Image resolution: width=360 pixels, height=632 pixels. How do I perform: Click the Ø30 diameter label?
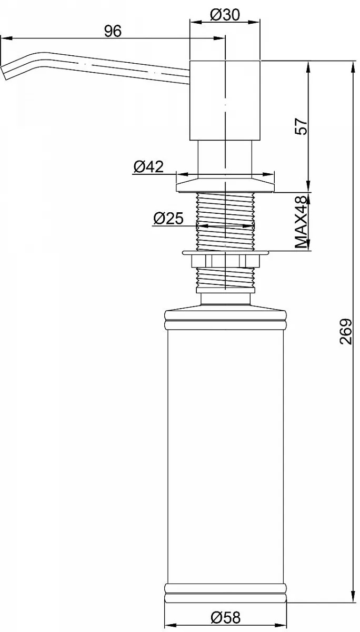tap(225, 15)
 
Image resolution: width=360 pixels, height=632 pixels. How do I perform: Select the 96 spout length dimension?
tap(113, 31)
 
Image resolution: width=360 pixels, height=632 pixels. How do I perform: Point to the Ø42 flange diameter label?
tap(148, 166)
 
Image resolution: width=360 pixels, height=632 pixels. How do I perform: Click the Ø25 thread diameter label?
tap(168, 218)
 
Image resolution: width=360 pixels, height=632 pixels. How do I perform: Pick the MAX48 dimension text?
tap(301, 222)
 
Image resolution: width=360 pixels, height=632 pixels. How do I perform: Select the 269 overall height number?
tap(346, 331)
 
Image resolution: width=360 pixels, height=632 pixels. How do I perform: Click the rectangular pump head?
tap(225, 100)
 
